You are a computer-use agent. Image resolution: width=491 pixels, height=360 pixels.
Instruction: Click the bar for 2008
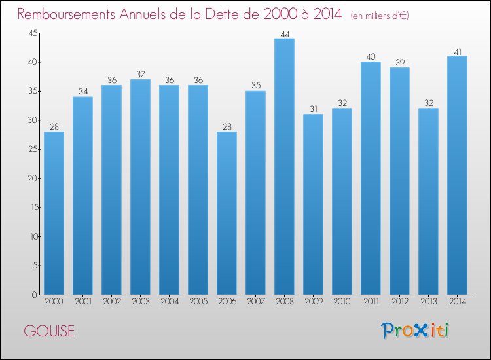(284, 166)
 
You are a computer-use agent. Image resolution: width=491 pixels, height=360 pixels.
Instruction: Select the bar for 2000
(54, 213)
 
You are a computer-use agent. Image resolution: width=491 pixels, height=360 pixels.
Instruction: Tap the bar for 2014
(457, 175)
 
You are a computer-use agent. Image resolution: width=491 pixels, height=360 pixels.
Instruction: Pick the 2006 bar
(227, 213)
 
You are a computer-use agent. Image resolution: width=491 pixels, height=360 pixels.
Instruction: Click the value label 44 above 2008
(285, 34)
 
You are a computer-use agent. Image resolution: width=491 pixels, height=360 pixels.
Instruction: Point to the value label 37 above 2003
(141, 74)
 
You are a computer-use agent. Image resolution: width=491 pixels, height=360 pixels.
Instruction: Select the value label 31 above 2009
(314, 109)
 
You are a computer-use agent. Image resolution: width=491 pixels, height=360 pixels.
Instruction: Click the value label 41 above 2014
(458, 52)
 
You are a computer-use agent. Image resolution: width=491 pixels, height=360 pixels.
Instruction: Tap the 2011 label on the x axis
(371, 302)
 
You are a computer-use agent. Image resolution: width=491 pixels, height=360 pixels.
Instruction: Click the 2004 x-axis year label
(170, 302)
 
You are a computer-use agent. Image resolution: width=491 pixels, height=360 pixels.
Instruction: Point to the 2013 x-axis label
(429, 302)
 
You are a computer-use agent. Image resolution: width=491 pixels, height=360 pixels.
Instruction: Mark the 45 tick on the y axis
(33, 33)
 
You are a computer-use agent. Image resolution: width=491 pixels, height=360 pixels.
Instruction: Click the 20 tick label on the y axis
(33, 179)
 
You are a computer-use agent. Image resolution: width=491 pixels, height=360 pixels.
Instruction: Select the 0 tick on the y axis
(35, 295)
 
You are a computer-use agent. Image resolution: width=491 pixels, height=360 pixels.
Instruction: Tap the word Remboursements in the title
(66, 14)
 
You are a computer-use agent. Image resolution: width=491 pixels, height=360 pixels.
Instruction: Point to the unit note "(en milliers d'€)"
(380, 16)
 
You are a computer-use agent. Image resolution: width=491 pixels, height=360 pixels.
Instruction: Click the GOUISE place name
(49, 331)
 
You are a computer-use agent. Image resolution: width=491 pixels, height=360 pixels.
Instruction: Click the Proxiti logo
(415, 331)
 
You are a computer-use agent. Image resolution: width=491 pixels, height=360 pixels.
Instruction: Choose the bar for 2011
(371, 178)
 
